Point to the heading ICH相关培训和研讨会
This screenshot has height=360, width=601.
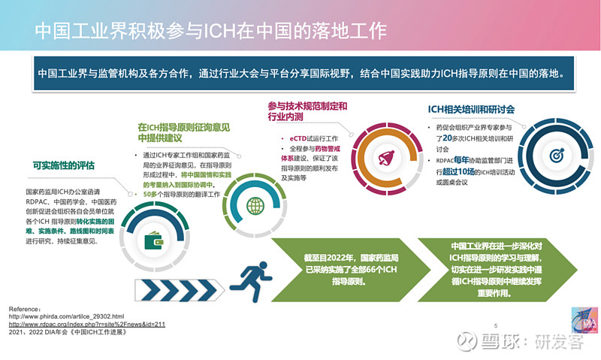[x=470, y=109]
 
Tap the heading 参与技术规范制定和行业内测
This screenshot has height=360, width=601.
[x=307, y=112]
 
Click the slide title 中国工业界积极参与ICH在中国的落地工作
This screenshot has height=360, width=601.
[x=211, y=31]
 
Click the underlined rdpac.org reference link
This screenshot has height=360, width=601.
[x=86, y=324]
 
